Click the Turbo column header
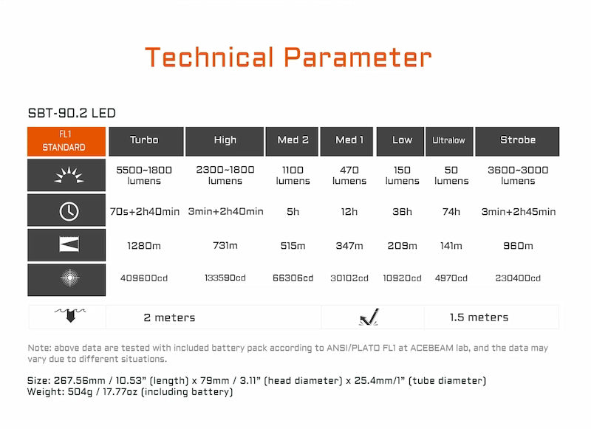click(144, 140)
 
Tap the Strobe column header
click(517, 140)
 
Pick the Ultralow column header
click(449, 140)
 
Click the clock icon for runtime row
click(67, 211)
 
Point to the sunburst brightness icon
click(67, 176)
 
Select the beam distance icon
click(67, 246)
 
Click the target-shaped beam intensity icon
click(67, 278)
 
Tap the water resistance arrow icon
click(67, 316)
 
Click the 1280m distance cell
click(144, 246)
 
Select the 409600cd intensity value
click(144, 278)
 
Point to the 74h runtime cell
click(451, 212)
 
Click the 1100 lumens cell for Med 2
click(293, 175)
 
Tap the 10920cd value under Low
click(403, 278)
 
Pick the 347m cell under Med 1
click(349, 246)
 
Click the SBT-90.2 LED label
click(71, 114)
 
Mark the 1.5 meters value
click(479, 318)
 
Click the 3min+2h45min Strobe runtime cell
click(517, 212)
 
